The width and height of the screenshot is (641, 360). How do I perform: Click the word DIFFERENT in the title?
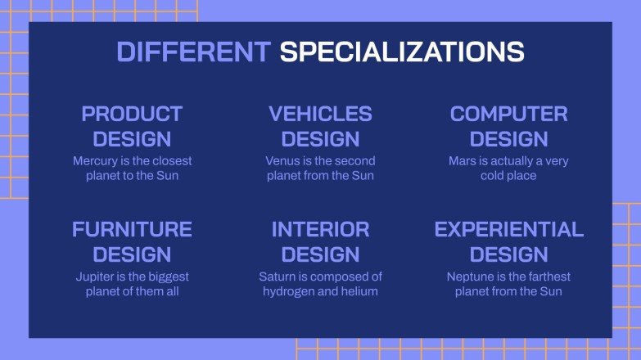(193, 52)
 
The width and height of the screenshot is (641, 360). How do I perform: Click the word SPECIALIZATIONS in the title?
(401, 52)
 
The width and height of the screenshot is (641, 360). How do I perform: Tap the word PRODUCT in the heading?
(132, 114)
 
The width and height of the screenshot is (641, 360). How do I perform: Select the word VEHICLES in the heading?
(320, 114)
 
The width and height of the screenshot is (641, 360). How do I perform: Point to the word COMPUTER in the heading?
(508, 114)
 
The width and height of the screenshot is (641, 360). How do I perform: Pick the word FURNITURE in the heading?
(132, 229)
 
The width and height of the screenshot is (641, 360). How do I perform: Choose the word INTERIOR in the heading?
(320, 229)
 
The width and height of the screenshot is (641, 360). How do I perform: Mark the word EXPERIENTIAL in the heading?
(508, 229)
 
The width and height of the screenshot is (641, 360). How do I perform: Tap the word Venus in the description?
(283, 161)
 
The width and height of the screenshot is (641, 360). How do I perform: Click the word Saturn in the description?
(278, 277)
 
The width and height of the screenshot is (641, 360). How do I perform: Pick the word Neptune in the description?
(471, 277)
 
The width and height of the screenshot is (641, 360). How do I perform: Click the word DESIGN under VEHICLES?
(320, 138)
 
